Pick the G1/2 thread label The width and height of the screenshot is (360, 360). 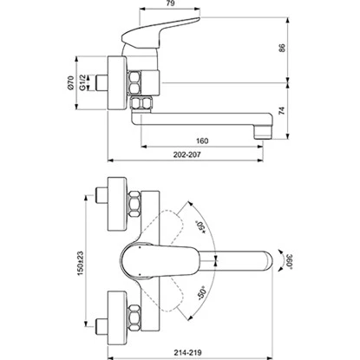[x=84, y=85]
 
